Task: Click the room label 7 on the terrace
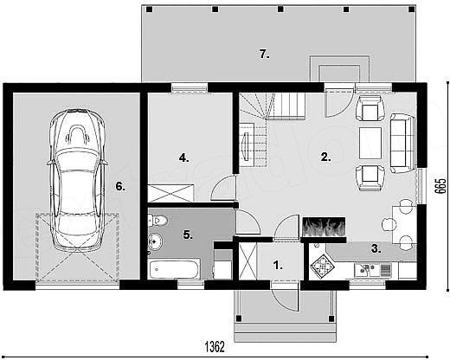point(264,54)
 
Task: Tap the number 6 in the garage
point(120,187)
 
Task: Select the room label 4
point(183,157)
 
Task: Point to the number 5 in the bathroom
point(188,235)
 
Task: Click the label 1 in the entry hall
point(278,265)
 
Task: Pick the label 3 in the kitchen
point(376,248)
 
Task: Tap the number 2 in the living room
point(325,157)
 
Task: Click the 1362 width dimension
point(215,347)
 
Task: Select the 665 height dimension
point(440,186)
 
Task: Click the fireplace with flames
point(324,227)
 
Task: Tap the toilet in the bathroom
point(157,221)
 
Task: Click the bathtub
point(174,269)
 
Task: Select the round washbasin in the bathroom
point(155,241)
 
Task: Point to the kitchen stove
point(322,267)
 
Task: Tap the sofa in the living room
point(403,143)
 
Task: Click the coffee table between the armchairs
point(370,143)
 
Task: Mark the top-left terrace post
point(149,10)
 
